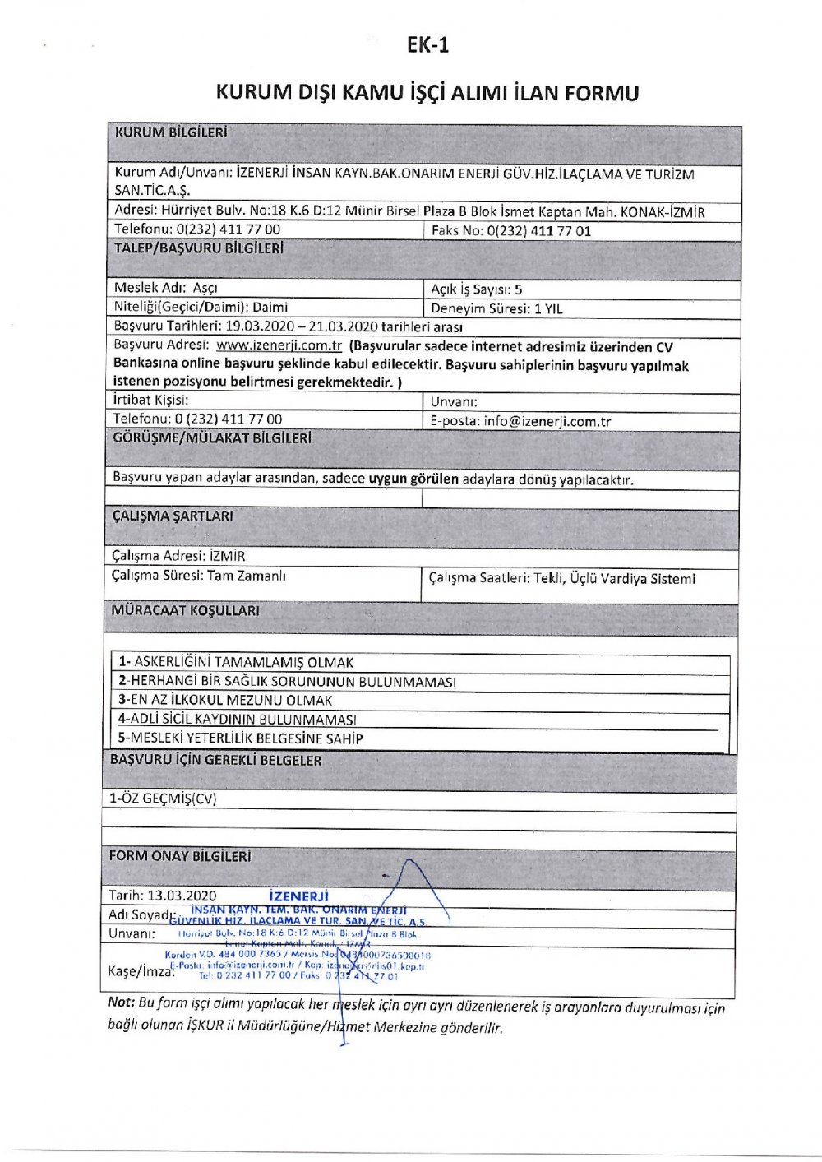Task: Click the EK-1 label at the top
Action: click(x=427, y=44)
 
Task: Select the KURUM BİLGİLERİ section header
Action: click(x=171, y=132)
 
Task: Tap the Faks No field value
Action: click(x=538, y=231)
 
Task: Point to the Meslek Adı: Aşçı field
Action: click(x=166, y=289)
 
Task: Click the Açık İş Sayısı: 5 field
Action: click(x=476, y=289)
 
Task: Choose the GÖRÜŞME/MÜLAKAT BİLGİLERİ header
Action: click(x=211, y=438)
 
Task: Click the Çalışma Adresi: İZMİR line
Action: click(x=178, y=556)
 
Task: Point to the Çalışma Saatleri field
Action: click(x=561, y=579)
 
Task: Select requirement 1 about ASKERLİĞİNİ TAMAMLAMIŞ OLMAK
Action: click(x=236, y=662)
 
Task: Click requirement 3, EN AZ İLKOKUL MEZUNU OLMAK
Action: click(x=225, y=701)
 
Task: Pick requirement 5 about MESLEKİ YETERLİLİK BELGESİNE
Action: click(x=240, y=738)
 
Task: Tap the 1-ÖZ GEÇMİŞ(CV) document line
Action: click(x=163, y=799)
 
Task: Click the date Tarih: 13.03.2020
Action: click(x=163, y=896)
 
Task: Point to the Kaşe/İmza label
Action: click(x=141, y=971)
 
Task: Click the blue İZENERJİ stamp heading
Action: click(x=298, y=896)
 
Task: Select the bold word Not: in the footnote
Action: click(x=121, y=1003)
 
